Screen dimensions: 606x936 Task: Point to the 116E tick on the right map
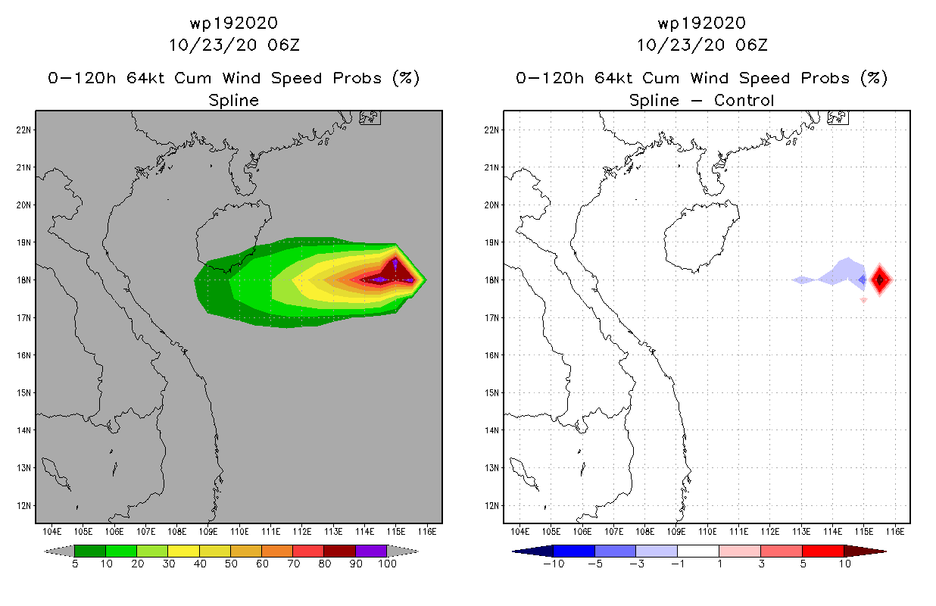click(894, 531)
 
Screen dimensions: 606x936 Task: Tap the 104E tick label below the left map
click(51, 531)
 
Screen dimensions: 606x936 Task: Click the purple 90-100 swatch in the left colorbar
click(371, 551)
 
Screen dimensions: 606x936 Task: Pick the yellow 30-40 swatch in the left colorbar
click(183, 551)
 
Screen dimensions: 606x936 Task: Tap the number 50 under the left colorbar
click(230, 564)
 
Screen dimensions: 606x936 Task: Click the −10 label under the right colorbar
click(552, 564)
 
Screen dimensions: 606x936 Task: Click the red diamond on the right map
click(880, 280)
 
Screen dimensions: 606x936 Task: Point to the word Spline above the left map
click(233, 100)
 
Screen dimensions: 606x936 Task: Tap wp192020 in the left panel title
click(233, 23)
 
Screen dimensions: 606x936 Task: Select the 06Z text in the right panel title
click(751, 45)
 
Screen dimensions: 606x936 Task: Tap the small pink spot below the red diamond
click(863, 300)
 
